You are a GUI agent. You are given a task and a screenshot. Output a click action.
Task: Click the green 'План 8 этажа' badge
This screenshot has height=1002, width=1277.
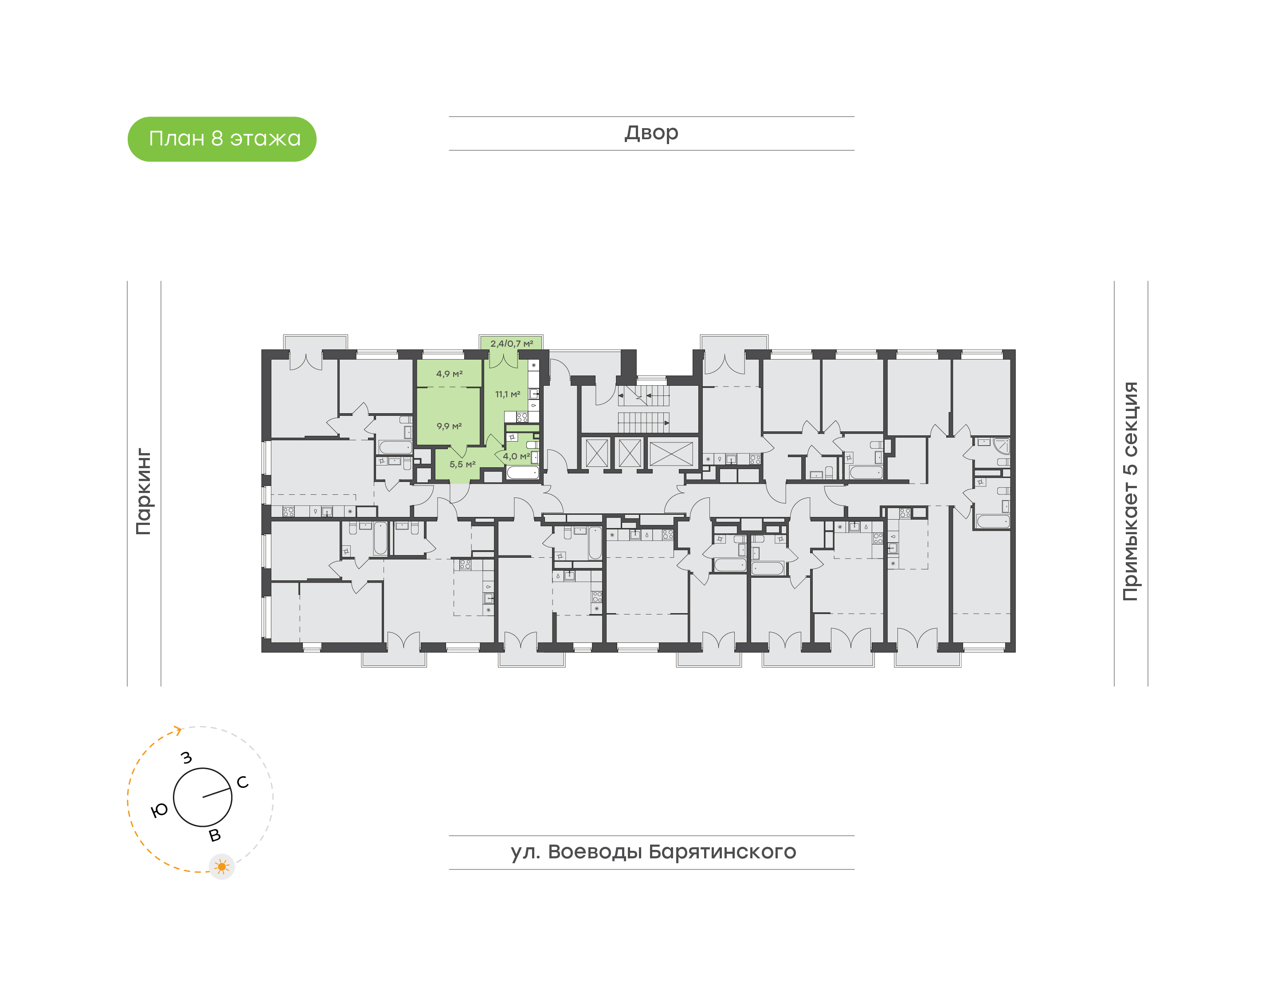[222, 139]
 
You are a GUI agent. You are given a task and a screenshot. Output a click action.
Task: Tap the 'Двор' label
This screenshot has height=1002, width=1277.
[651, 133]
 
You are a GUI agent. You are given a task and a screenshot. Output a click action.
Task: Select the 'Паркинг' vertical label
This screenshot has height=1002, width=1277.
[144, 492]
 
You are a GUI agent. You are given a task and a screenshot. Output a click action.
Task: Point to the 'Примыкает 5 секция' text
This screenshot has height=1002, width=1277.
[1130, 491]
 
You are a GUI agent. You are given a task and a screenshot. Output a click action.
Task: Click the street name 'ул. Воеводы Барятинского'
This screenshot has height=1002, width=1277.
[653, 851]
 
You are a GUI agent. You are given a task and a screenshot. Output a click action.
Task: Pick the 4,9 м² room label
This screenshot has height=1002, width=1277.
[449, 374]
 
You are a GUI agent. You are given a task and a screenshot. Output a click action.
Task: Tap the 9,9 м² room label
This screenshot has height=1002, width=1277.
[449, 426]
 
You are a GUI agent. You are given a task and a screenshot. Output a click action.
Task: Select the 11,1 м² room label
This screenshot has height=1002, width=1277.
[507, 394]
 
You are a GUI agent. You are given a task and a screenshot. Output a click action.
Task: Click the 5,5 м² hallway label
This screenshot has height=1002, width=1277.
[462, 464]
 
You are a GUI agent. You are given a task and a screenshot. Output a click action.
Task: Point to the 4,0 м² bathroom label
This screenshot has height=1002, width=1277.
[516, 456]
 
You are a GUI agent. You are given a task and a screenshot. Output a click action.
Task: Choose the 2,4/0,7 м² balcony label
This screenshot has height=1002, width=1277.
[512, 344]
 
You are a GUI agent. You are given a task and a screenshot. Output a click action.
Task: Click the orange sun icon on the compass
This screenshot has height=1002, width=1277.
[222, 866]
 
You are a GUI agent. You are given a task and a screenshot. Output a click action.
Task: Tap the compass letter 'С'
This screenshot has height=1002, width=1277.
[242, 782]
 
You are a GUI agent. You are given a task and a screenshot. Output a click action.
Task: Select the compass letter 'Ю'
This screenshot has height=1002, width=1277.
[159, 811]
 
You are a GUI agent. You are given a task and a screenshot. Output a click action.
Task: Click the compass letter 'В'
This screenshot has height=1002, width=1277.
[215, 835]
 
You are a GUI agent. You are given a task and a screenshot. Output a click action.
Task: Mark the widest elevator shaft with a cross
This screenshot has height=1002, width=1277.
[671, 454]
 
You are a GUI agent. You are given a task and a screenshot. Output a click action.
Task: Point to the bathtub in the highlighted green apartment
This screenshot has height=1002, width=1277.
[522, 472]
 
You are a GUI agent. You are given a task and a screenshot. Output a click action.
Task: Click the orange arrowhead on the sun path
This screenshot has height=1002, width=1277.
[178, 730]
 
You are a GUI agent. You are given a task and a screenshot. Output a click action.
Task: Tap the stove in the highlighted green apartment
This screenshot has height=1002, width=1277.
[521, 417]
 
